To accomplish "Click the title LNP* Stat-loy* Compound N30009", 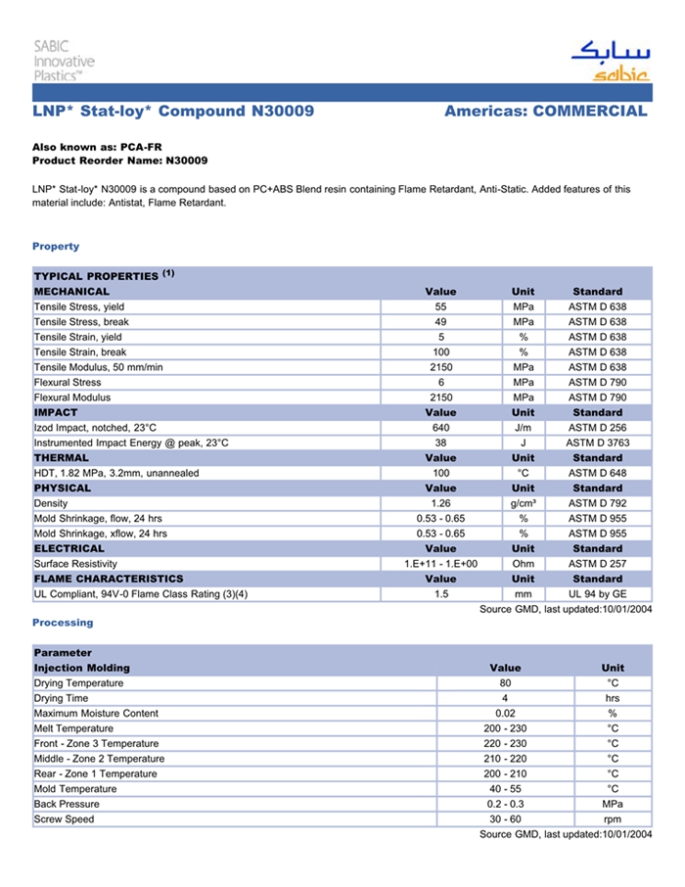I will [173, 112].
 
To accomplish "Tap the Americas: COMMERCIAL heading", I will [545, 112].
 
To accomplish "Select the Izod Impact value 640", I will [440, 428].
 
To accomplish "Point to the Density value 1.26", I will [440, 503].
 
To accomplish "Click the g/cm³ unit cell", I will [523, 503].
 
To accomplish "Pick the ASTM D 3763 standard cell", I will [597, 443].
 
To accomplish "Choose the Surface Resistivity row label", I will [75, 564].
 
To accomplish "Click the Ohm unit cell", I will [523, 564].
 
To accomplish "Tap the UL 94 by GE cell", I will [597, 594].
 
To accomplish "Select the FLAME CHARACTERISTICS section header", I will [109, 579].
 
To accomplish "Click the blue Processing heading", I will [63, 623].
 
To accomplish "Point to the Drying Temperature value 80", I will [505, 683].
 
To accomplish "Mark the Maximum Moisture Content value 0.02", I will [505, 714].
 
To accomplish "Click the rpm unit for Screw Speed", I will [613, 819].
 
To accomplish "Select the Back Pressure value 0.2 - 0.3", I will [505, 804].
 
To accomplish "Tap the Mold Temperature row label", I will [75, 789].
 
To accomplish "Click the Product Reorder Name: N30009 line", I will [119, 160].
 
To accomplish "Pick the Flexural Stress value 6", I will [440, 383].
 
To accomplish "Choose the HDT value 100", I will [440, 473].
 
